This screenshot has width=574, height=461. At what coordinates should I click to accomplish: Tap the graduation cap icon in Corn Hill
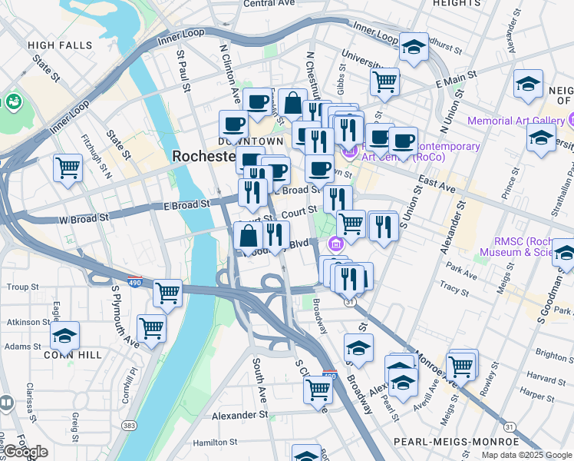[65, 336]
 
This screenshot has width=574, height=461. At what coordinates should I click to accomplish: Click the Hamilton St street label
[216, 443]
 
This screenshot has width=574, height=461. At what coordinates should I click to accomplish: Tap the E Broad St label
[186, 204]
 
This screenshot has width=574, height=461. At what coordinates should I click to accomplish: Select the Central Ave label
[269, 4]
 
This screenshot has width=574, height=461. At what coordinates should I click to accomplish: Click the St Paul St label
[183, 72]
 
